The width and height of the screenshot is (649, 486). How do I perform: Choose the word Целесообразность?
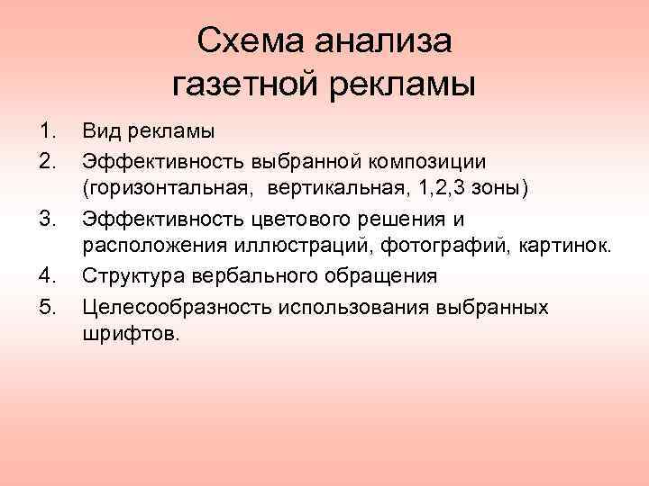168,308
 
